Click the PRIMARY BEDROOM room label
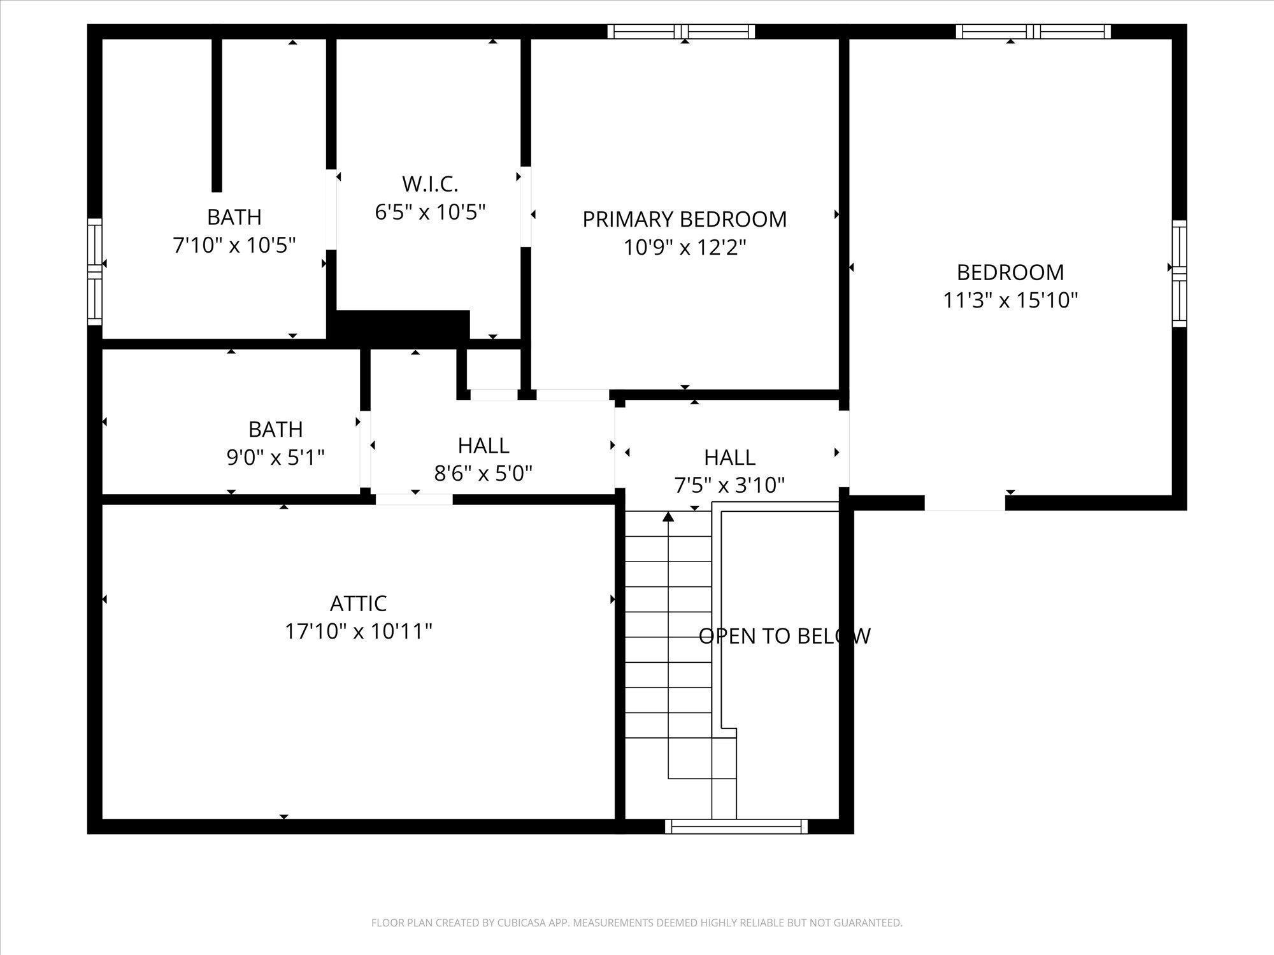(x=684, y=219)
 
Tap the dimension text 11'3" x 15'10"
(x=1010, y=300)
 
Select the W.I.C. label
(x=430, y=184)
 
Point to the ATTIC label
(x=358, y=603)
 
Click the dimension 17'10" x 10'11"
(x=358, y=632)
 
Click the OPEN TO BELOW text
(x=784, y=636)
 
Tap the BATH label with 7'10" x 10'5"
(x=234, y=217)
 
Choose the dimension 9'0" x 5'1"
(x=275, y=457)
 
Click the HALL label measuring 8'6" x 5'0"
(x=483, y=445)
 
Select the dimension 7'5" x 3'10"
(x=729, y=485)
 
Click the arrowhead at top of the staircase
(x=668, y=517)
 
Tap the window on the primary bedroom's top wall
(x=681, y=31)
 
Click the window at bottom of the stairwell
(x=736, y=826)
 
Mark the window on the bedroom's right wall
(x=1179, y=274)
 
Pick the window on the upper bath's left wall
(x=94, y=271)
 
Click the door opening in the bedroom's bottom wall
(x=964, y=503)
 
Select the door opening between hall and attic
(x=414, y=500)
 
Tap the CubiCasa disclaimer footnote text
(x=636, y=923)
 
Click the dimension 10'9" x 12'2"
(x=684, y=247)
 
